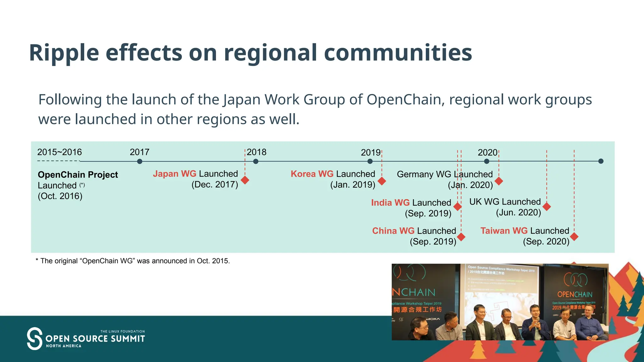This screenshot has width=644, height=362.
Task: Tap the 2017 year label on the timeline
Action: pyautogui.click(x=140, y=152)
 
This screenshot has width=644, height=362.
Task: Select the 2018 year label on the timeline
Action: pyautogui.click(x=257, y=152)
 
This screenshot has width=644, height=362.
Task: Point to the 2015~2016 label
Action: pyautogui.click(x=59, y=152)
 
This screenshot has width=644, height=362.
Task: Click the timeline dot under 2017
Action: pyautogui.click(x=140, y=162)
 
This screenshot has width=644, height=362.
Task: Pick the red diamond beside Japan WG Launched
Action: pyautogui.click(x=245, y=180)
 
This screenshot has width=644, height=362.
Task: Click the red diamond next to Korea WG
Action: pyautogui.click(x=382, y=181)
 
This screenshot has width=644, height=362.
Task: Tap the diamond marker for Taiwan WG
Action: pyautogui.click(x=574, y=237)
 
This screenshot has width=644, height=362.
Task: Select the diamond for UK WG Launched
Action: pyautogui.click(x=547, y=206)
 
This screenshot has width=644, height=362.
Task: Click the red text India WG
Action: pyautogui.click(x=390, y=203)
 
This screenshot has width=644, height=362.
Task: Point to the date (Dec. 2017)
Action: pyautogui.click(x=215, y=184)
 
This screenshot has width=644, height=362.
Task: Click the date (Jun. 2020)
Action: pyautogui.click(x=519, y=213)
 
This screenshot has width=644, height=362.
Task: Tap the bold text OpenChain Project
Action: pyautogui.click(x=78, y=175)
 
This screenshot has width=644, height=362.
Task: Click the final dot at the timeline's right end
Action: pyautogui.click(x=601, y=161)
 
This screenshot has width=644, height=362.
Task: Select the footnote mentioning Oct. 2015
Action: pyautogui.click(x=133, y=261)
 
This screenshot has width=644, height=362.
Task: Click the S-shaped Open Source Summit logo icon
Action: pyautogui.click(x=35, y=338)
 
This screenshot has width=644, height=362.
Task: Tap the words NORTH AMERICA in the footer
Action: pyautogui.click(x=64, y=346)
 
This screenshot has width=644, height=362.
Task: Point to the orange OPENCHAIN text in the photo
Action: pyautogui.click(x=575, y=294)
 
